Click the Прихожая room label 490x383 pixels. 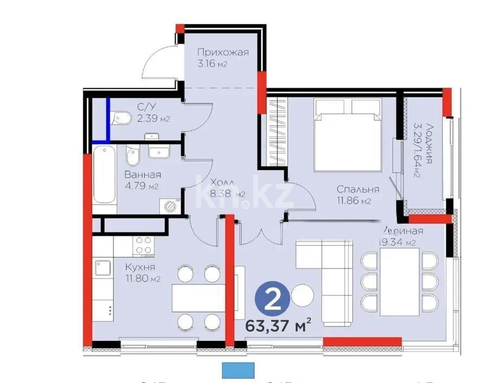(x=222, y=53)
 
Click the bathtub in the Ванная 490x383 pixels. (x=104, y=174)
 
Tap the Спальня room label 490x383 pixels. (x=358, y=190)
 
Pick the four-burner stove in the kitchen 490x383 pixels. (x=144, y=246)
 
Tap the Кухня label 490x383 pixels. (x=140, y=267)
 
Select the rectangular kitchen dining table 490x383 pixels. (x=195, y=297)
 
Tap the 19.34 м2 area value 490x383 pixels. (x=398, y=242)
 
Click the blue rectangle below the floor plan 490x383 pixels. (x=238, y=370)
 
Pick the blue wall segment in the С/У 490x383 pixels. (x=108, y=118)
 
